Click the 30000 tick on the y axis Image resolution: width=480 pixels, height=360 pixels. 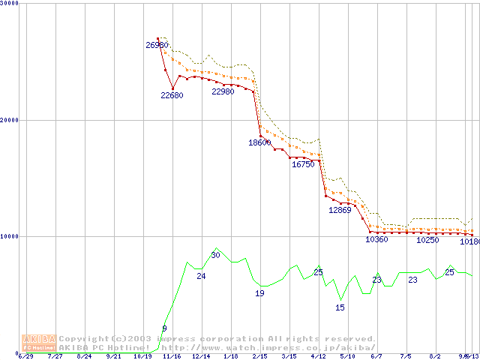(x=10, y=4)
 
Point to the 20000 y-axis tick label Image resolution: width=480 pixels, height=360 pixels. (x=10, y=120)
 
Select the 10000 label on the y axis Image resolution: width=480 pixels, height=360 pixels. (x=10, y=236)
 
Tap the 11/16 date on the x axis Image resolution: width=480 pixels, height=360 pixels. (x=172, y=356)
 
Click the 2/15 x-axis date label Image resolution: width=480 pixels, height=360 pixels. (x=259, y=356)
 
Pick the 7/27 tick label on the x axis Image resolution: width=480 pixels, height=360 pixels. (x=55, y=356)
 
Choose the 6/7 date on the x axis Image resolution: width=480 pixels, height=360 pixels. (x=376, y=356)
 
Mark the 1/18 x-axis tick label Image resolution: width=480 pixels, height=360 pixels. (x=229, y=356)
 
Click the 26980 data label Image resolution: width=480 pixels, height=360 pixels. (x=157, y=46)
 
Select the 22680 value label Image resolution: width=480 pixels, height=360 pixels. (x=172, y=95)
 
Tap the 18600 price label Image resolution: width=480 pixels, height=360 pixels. (x=259, y=142)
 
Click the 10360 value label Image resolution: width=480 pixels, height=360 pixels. (x=376, y=240)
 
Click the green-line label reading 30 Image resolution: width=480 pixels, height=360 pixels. (x=215, y=255)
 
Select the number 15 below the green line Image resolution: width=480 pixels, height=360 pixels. (x=340, y=307)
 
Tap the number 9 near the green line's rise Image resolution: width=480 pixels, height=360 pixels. (x=164, y=328)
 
